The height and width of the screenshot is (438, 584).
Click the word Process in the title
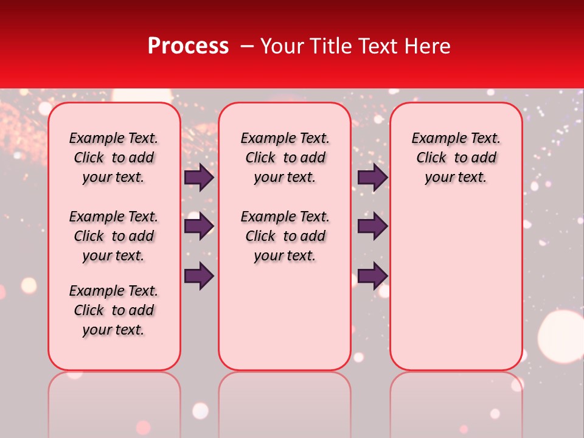188,46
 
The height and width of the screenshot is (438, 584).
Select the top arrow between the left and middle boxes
199,178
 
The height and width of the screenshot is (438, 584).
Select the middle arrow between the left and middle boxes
199,226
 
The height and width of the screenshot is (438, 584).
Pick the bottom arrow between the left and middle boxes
199,276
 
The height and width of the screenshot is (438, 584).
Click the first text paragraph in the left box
114,158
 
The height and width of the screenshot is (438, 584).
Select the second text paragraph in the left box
114,236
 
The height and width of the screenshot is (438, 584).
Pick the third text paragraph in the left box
114,310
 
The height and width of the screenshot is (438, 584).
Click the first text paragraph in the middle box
285,158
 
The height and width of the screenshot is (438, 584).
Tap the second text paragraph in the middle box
285,236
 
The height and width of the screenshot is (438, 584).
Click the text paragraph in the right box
456,158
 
